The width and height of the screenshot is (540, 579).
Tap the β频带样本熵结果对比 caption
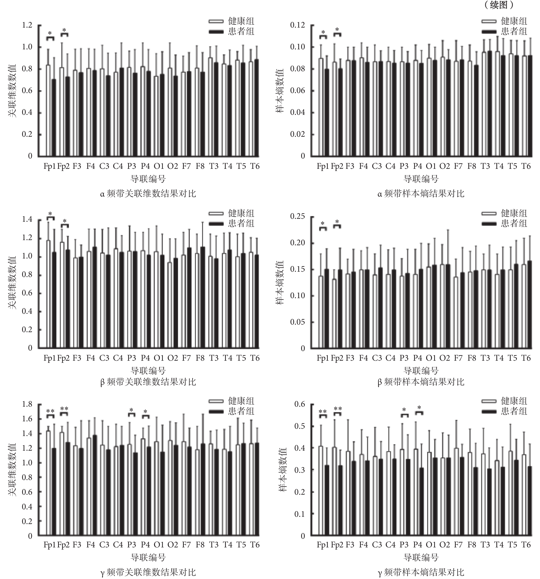point(421,382)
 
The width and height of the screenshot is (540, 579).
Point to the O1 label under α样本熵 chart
point(431,166)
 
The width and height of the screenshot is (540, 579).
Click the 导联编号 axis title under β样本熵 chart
point(421,371)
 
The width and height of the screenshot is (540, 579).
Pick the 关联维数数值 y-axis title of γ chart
point(12,470)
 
